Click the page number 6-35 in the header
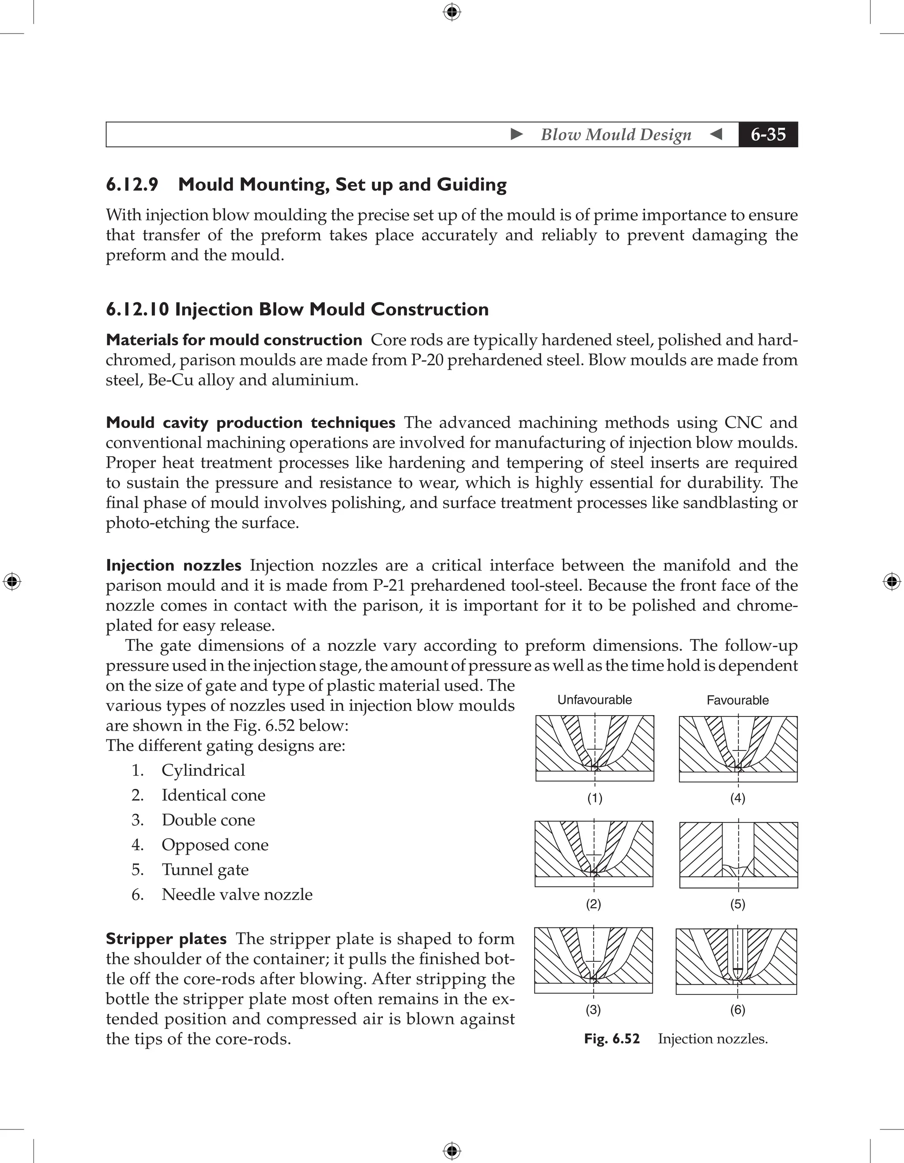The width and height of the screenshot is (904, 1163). pyautogui.click(x=768, y=134)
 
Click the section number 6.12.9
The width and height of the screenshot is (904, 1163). pyautogui.click(x=132, y=184)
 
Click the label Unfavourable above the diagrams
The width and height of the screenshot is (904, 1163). pyautogui.click(x=595, y=700)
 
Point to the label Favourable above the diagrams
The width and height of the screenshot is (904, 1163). pyautogui.click(x=737, y=700)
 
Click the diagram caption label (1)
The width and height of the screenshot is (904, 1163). pyautogui.click(x=595, y=798)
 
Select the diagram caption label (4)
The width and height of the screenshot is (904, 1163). pyautogui.click(x=737, y=798)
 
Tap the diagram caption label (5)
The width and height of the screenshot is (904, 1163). pyautogui.click(x=737, y=904)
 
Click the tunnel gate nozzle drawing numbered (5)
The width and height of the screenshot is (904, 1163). pyautogui.click(x=738, y=855)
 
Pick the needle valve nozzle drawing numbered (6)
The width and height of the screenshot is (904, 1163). pyautogui.click(x=736, y=961)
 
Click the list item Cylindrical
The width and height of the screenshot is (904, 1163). pyautogui.click(x=203, y=770)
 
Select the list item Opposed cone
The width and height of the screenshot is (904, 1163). pyautogui.click(x=215, y=844)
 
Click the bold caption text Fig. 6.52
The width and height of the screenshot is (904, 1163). pyautogui.click(x=611, y=1039)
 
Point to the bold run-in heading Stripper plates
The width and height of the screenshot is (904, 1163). pyautogui.click(x=166, y=939)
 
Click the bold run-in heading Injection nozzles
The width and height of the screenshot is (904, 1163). pyautogui.click(x=173, y=565)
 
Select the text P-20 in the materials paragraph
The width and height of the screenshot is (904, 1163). pyautogui.click(x=427, y=360)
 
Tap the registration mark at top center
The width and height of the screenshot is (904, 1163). pyautogui.click(x=452, y=12)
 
